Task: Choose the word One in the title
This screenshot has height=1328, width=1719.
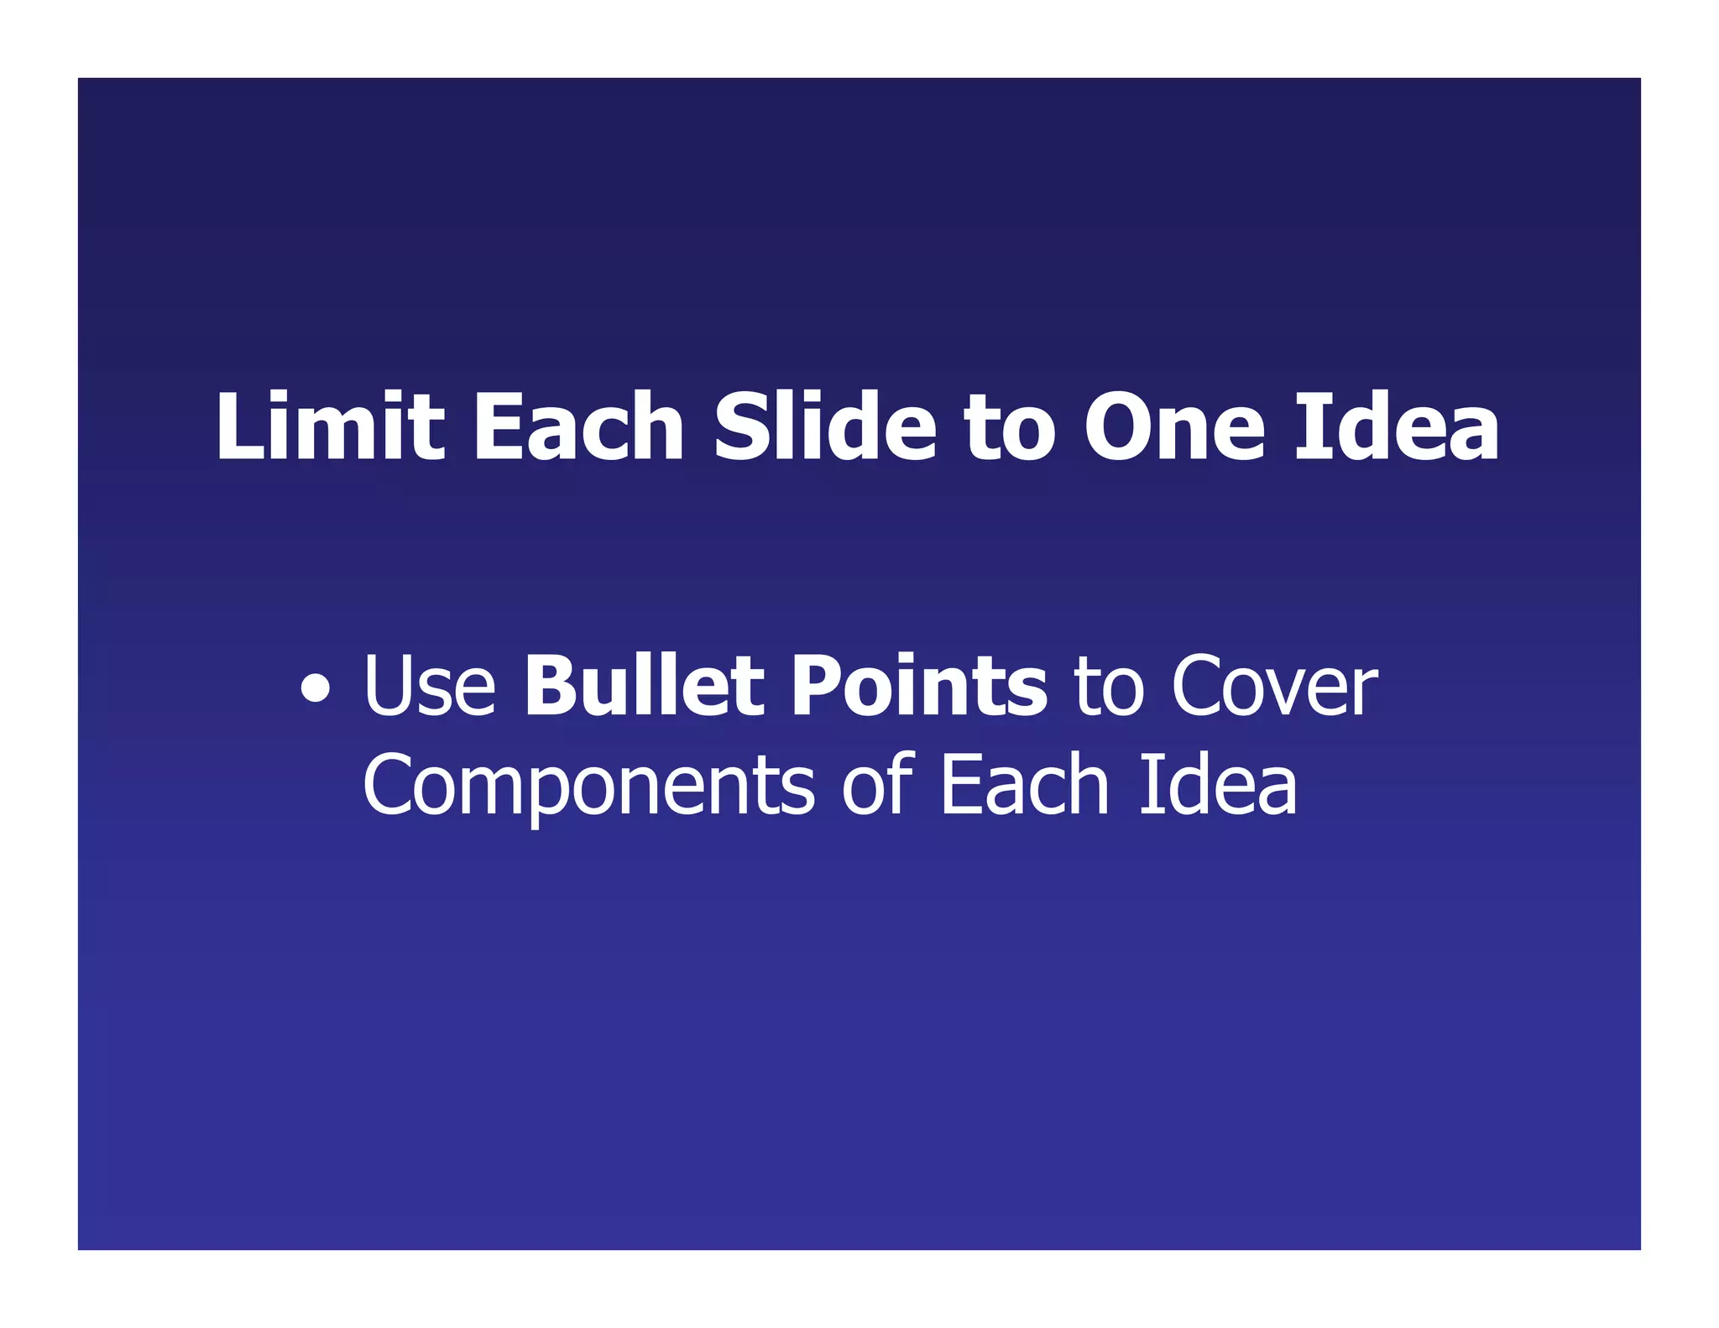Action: tap(1174, 428)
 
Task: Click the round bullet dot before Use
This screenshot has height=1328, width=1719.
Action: tap(315, 689)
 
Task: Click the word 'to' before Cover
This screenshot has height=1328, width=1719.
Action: tap(1109, 690)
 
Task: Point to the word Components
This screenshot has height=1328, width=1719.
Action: tap(588, 786)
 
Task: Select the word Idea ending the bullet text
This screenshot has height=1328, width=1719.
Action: tap(1218, 784)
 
